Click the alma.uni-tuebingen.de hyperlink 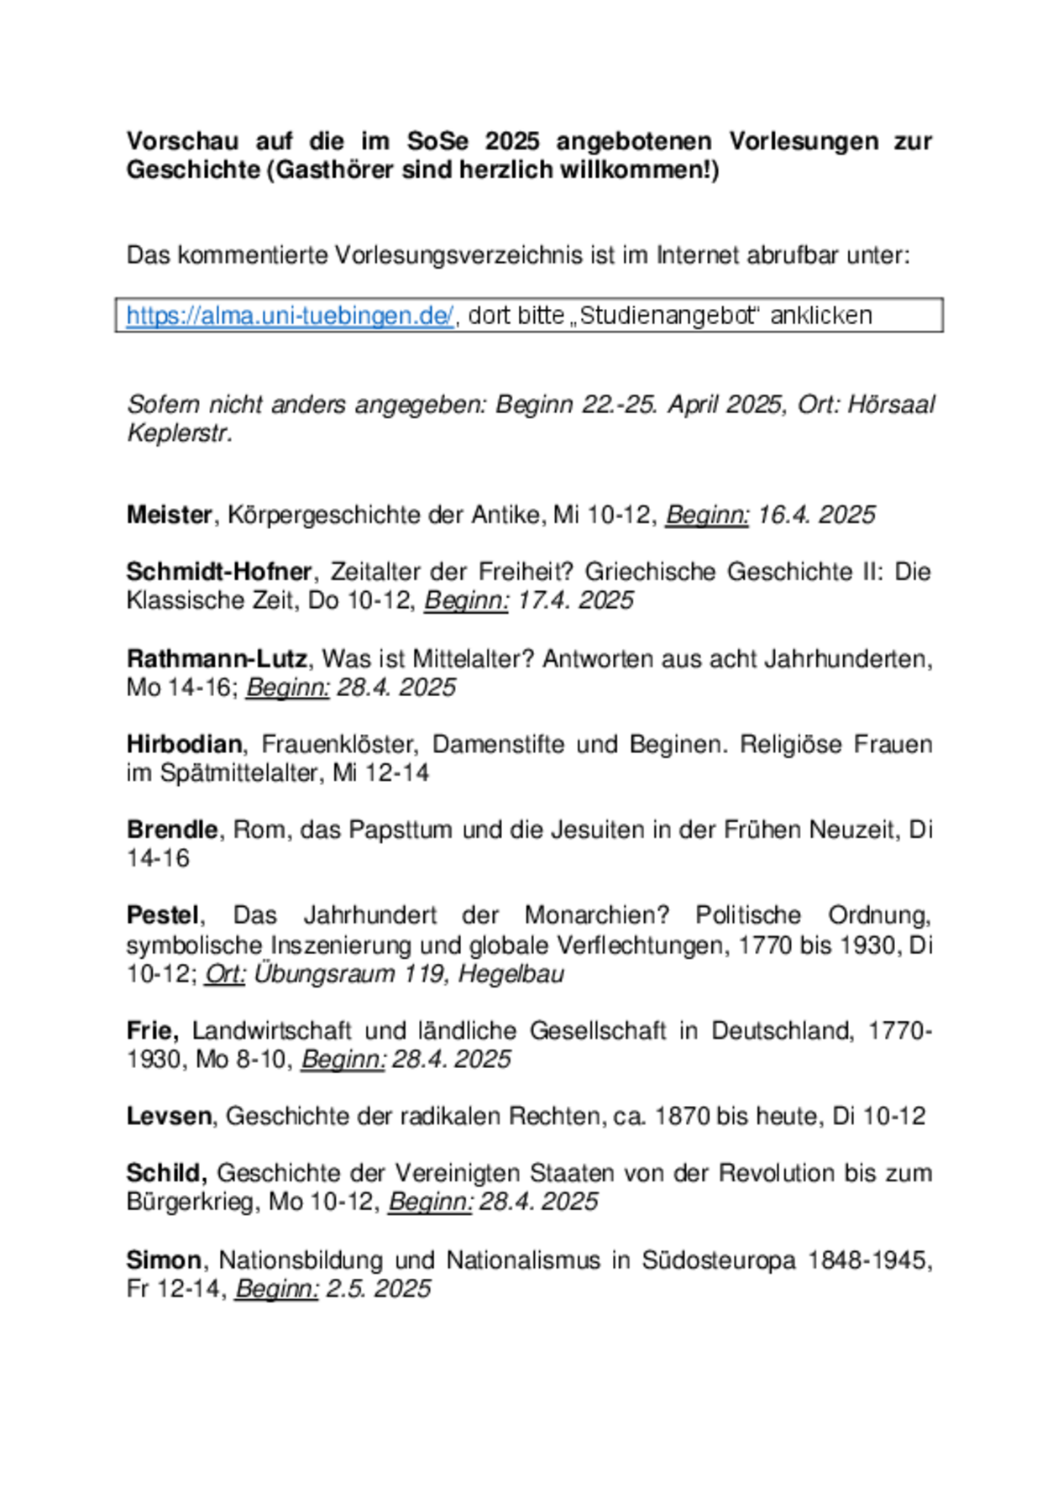(290, 316)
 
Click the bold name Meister (169, 515)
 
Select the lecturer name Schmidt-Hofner (219, 572)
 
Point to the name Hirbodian (184, 744)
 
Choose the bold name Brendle (172, 830)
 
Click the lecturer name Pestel (163, 914)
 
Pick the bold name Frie (151, 1030)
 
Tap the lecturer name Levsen (169, 1116)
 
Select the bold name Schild (165, 1173)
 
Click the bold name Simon (164, 1260)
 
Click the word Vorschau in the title (182, 141)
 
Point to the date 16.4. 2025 (816, 515)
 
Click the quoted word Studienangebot (669, 316)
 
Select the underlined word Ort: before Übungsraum (224, 974)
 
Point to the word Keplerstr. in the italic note (179, 434)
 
